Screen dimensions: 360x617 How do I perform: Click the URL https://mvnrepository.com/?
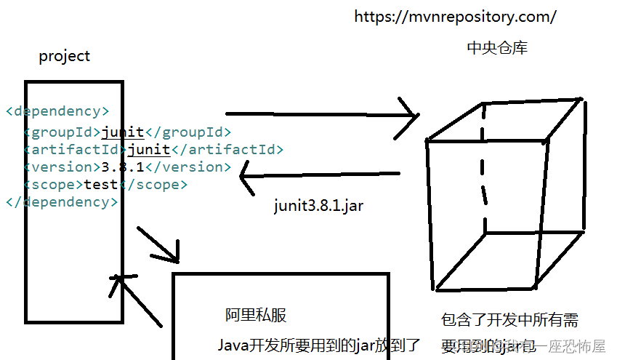(x=455, y=16)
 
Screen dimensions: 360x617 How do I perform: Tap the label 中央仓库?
(x=497, y=49)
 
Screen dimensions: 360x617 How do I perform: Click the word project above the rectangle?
(x=65, y=56)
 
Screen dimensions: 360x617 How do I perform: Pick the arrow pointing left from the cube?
(x=320, y=175)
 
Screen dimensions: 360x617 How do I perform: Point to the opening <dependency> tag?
(x=57, y=111)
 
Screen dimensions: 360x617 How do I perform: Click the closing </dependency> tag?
(x=61, y=202)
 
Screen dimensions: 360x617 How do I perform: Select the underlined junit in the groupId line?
(x=123, y=132)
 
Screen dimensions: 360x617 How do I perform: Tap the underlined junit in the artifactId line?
(x=149, y=150)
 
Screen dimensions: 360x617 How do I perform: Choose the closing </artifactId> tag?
(x=227, y=150)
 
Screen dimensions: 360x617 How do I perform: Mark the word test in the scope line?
(x=100, y=185)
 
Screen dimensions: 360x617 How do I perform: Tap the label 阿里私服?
(x=255, y=315)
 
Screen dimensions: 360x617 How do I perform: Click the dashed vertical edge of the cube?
(x=483, y=167)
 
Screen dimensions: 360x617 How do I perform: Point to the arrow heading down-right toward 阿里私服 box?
(x=158, y=244)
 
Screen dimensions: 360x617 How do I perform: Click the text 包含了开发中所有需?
(x=509, y=320)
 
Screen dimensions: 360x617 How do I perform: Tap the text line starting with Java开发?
(x=319, y=345)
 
